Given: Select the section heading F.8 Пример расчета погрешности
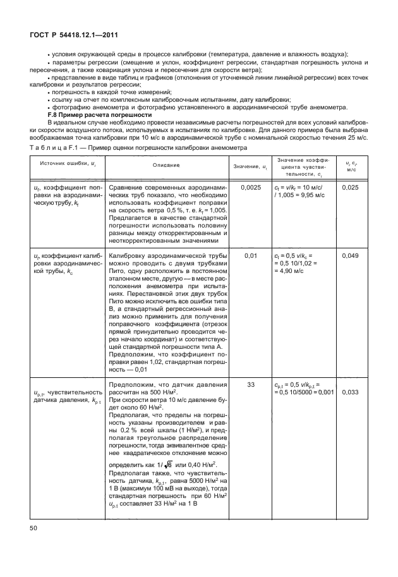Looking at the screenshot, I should click(x=93, y=118).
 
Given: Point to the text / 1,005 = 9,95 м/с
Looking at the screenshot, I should click(x=301, y=197).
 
